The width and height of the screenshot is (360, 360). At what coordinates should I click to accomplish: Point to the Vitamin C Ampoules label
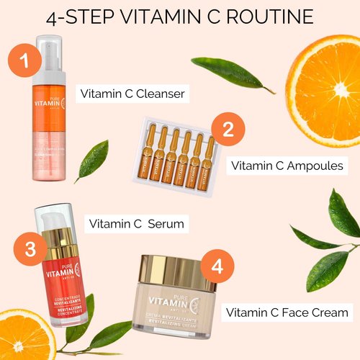(x=287, y=166)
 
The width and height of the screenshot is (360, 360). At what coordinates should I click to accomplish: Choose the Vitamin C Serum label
(x=136, y=224)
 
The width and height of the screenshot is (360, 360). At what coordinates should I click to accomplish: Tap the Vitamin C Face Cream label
(x=287, y=312)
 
